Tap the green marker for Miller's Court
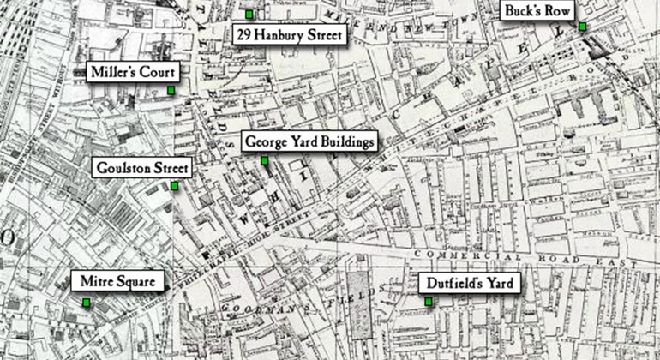(171, 90)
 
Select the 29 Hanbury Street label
(290, 35)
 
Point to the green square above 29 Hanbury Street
(249, 15)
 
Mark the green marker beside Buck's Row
(582, 27)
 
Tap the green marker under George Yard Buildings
(265, 160)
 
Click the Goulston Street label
(142, 168)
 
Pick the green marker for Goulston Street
(174, 186)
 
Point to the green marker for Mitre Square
(87, 302)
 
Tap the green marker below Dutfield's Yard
(428, 301)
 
